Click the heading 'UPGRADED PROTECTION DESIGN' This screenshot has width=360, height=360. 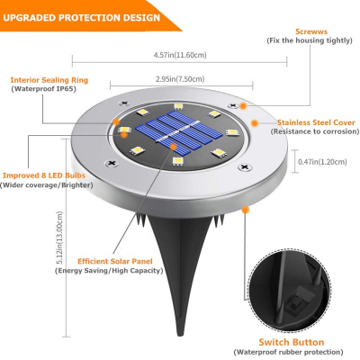pos(74,16)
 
